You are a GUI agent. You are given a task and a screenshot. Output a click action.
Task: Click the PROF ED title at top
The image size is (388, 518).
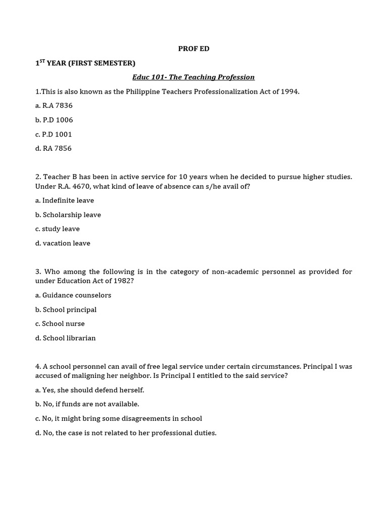[x=193, y=49]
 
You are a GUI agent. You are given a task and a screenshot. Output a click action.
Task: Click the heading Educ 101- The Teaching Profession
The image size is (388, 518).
[x=193, y=77]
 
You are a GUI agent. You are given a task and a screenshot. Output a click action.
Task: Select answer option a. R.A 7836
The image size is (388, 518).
[x=54, y=106]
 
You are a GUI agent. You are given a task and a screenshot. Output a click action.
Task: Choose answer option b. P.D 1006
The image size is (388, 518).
[x=54, y=120]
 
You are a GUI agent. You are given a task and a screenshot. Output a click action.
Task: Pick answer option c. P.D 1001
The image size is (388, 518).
[x=54, y=134]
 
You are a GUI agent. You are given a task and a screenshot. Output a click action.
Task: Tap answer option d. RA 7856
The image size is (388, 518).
[x=54, y=148]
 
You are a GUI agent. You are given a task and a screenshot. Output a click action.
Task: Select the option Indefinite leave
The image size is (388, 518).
[x=68, y=200]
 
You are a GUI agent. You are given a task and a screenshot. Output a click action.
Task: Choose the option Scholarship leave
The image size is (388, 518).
[x=71, y=214]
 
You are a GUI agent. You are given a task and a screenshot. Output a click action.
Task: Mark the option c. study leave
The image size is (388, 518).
[x=58, y=229]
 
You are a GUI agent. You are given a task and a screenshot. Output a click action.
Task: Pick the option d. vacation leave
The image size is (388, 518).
[x=63, y=243]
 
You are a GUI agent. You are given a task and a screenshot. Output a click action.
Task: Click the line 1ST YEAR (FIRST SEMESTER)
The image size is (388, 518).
[x=85, y=63]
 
